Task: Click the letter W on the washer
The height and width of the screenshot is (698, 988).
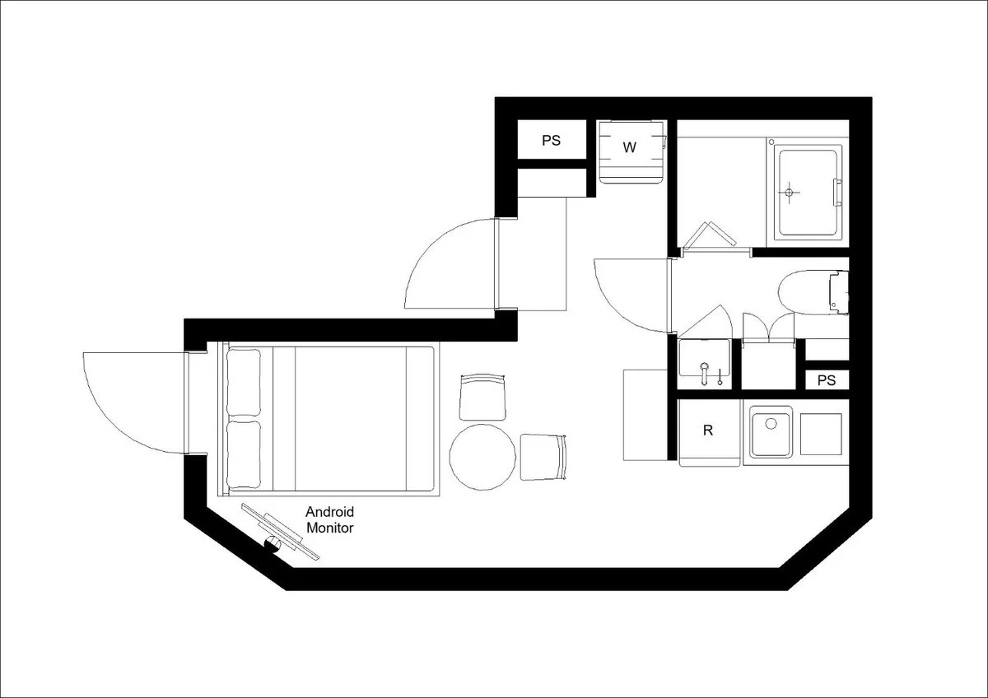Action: pos(629,147)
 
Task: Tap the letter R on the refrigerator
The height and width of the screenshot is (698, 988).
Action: pos(708,430)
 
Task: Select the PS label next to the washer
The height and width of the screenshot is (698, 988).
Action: pos(551,140)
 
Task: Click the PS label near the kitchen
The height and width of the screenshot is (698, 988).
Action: pos(827,380)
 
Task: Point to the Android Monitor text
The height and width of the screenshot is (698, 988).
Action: pos(330,519)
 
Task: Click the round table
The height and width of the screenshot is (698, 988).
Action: pos(482,458)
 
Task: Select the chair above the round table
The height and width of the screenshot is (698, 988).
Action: pos(482,398)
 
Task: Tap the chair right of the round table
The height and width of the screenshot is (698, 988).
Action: pos(543,458)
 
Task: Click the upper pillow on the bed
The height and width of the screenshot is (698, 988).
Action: pos(244,382)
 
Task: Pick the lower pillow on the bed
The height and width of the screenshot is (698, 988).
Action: pos(244,454)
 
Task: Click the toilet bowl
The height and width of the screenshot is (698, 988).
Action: pos(804,292)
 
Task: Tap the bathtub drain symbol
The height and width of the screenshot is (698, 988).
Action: pos(789,193)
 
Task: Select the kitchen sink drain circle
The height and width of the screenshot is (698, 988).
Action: pos(771,423)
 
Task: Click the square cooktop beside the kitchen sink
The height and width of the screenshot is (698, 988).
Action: pos(821,435)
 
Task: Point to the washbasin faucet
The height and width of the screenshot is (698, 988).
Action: pos(705,373)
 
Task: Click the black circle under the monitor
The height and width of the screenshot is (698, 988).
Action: pos(273,545)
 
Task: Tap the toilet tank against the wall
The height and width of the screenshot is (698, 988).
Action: pos(839,292)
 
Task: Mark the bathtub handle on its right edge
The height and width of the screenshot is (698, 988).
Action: pos(837,193)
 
